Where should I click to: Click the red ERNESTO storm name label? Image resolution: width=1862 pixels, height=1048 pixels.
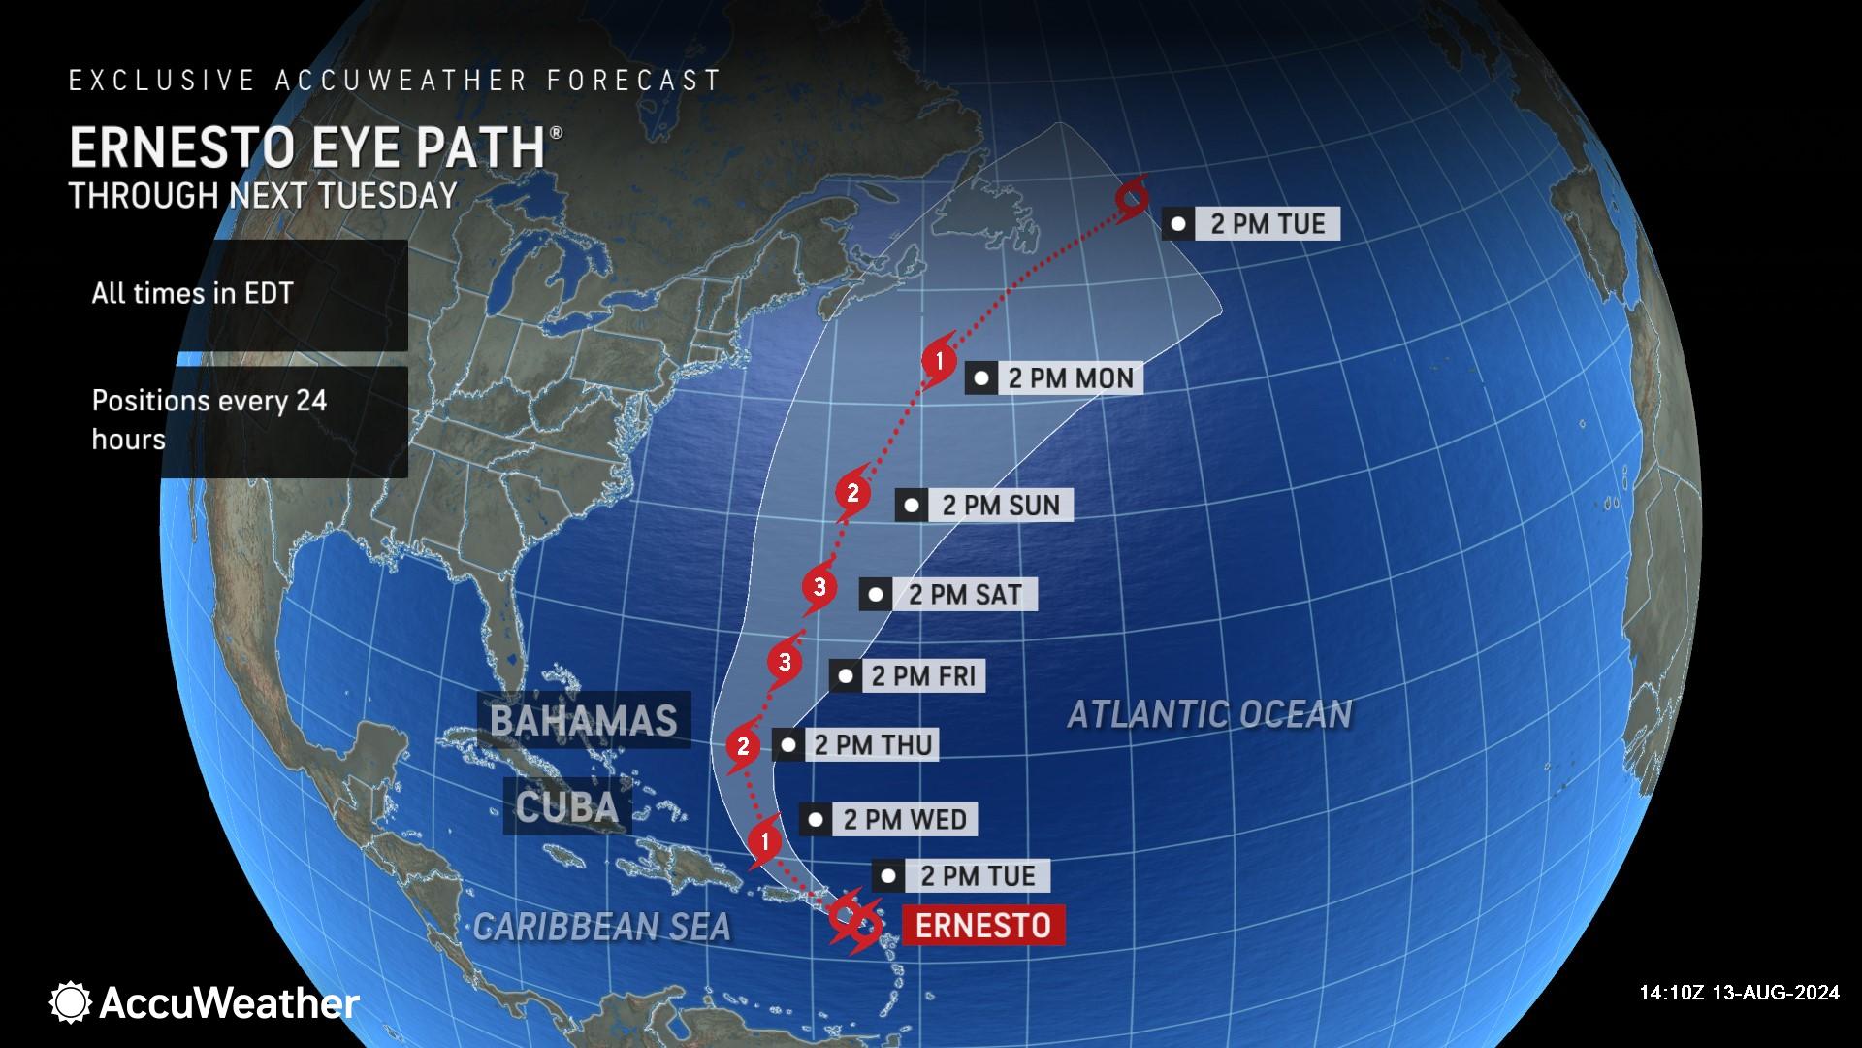982,925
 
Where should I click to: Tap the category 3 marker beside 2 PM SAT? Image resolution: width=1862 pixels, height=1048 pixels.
819,587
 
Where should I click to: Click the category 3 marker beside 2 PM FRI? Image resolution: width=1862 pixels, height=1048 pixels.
784,663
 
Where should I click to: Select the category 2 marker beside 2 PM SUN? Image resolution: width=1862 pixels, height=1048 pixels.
852,493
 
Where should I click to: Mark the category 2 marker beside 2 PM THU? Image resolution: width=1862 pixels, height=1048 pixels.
743,746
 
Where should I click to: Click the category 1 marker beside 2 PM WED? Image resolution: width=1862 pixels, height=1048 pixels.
766,841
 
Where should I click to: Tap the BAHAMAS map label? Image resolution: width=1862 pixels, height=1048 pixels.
583,720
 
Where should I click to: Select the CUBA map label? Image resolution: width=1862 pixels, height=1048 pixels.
566,806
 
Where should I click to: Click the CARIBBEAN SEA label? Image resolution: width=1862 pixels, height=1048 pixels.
601,927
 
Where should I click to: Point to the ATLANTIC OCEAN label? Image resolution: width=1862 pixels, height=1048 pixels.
1208,714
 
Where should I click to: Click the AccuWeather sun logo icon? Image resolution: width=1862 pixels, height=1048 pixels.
71,1002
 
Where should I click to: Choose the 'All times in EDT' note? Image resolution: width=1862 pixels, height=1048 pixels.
192,293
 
